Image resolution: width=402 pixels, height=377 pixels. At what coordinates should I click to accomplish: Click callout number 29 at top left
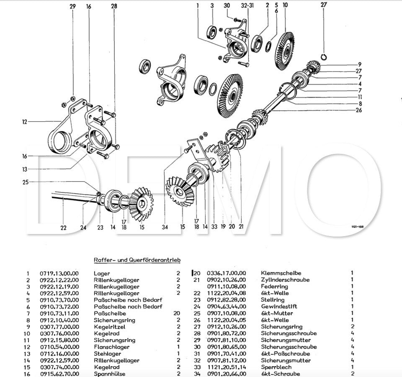(x=73, y=6)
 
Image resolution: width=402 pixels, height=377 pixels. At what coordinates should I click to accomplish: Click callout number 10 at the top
(x=285, y=5)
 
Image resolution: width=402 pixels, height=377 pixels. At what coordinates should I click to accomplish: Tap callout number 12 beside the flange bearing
(x=25, y=122)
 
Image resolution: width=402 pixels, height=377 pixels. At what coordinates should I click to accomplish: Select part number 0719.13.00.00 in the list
(x=59, y=273)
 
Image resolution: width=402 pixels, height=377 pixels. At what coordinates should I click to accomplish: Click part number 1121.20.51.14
(x=227, y=367)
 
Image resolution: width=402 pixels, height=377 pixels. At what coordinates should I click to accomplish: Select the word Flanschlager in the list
(x=111, y=347)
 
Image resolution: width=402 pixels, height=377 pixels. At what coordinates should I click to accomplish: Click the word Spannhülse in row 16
(x=109, y=374)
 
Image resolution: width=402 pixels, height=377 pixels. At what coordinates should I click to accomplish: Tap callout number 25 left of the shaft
(x=26, y=182)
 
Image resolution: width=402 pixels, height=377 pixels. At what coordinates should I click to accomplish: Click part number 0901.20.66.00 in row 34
(x=227, y=374)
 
